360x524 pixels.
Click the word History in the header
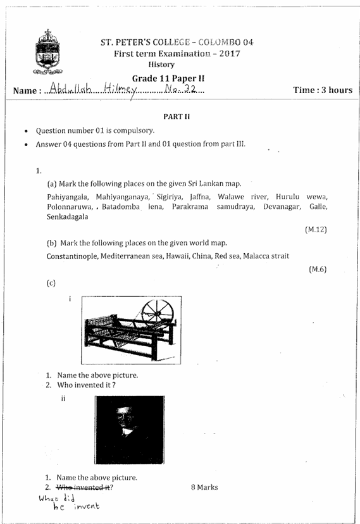pyautogui.click(x=161, y=65)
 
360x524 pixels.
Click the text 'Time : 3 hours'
pyautogui.click(x=323, y=90)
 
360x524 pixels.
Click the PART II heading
pyautogui.click(x=173, y=117)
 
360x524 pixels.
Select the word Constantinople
pyautogui.click(x=78, y=256)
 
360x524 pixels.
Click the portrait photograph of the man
pyautogui.click(x=128, y=430)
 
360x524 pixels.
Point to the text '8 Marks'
pyautogui.click(x=204, y=487)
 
